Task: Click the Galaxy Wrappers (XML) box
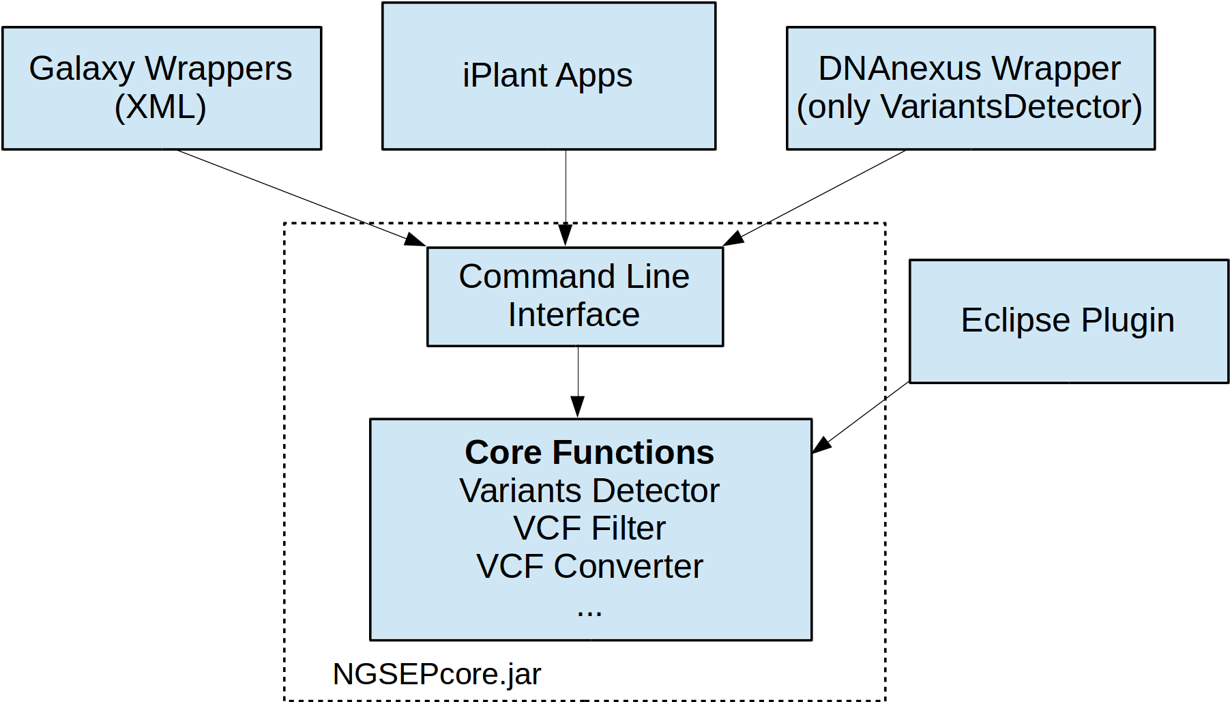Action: tap(162, 89)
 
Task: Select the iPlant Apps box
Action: tap(548, 76)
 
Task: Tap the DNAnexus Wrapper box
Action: tap(970, 89)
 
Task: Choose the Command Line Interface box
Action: tap(574, 297)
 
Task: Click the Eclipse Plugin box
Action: tap(1068, 321)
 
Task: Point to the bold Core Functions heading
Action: tap(589, 452)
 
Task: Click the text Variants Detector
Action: tap(589, 491)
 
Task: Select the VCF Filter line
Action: tap(589, 528)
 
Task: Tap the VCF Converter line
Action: tap(589, 566)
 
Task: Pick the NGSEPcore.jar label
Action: tap(437, 674)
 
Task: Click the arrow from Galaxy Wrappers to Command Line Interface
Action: tap(300, 197)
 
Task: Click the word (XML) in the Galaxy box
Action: tap(160, 107)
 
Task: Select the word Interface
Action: tap(574, 315)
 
